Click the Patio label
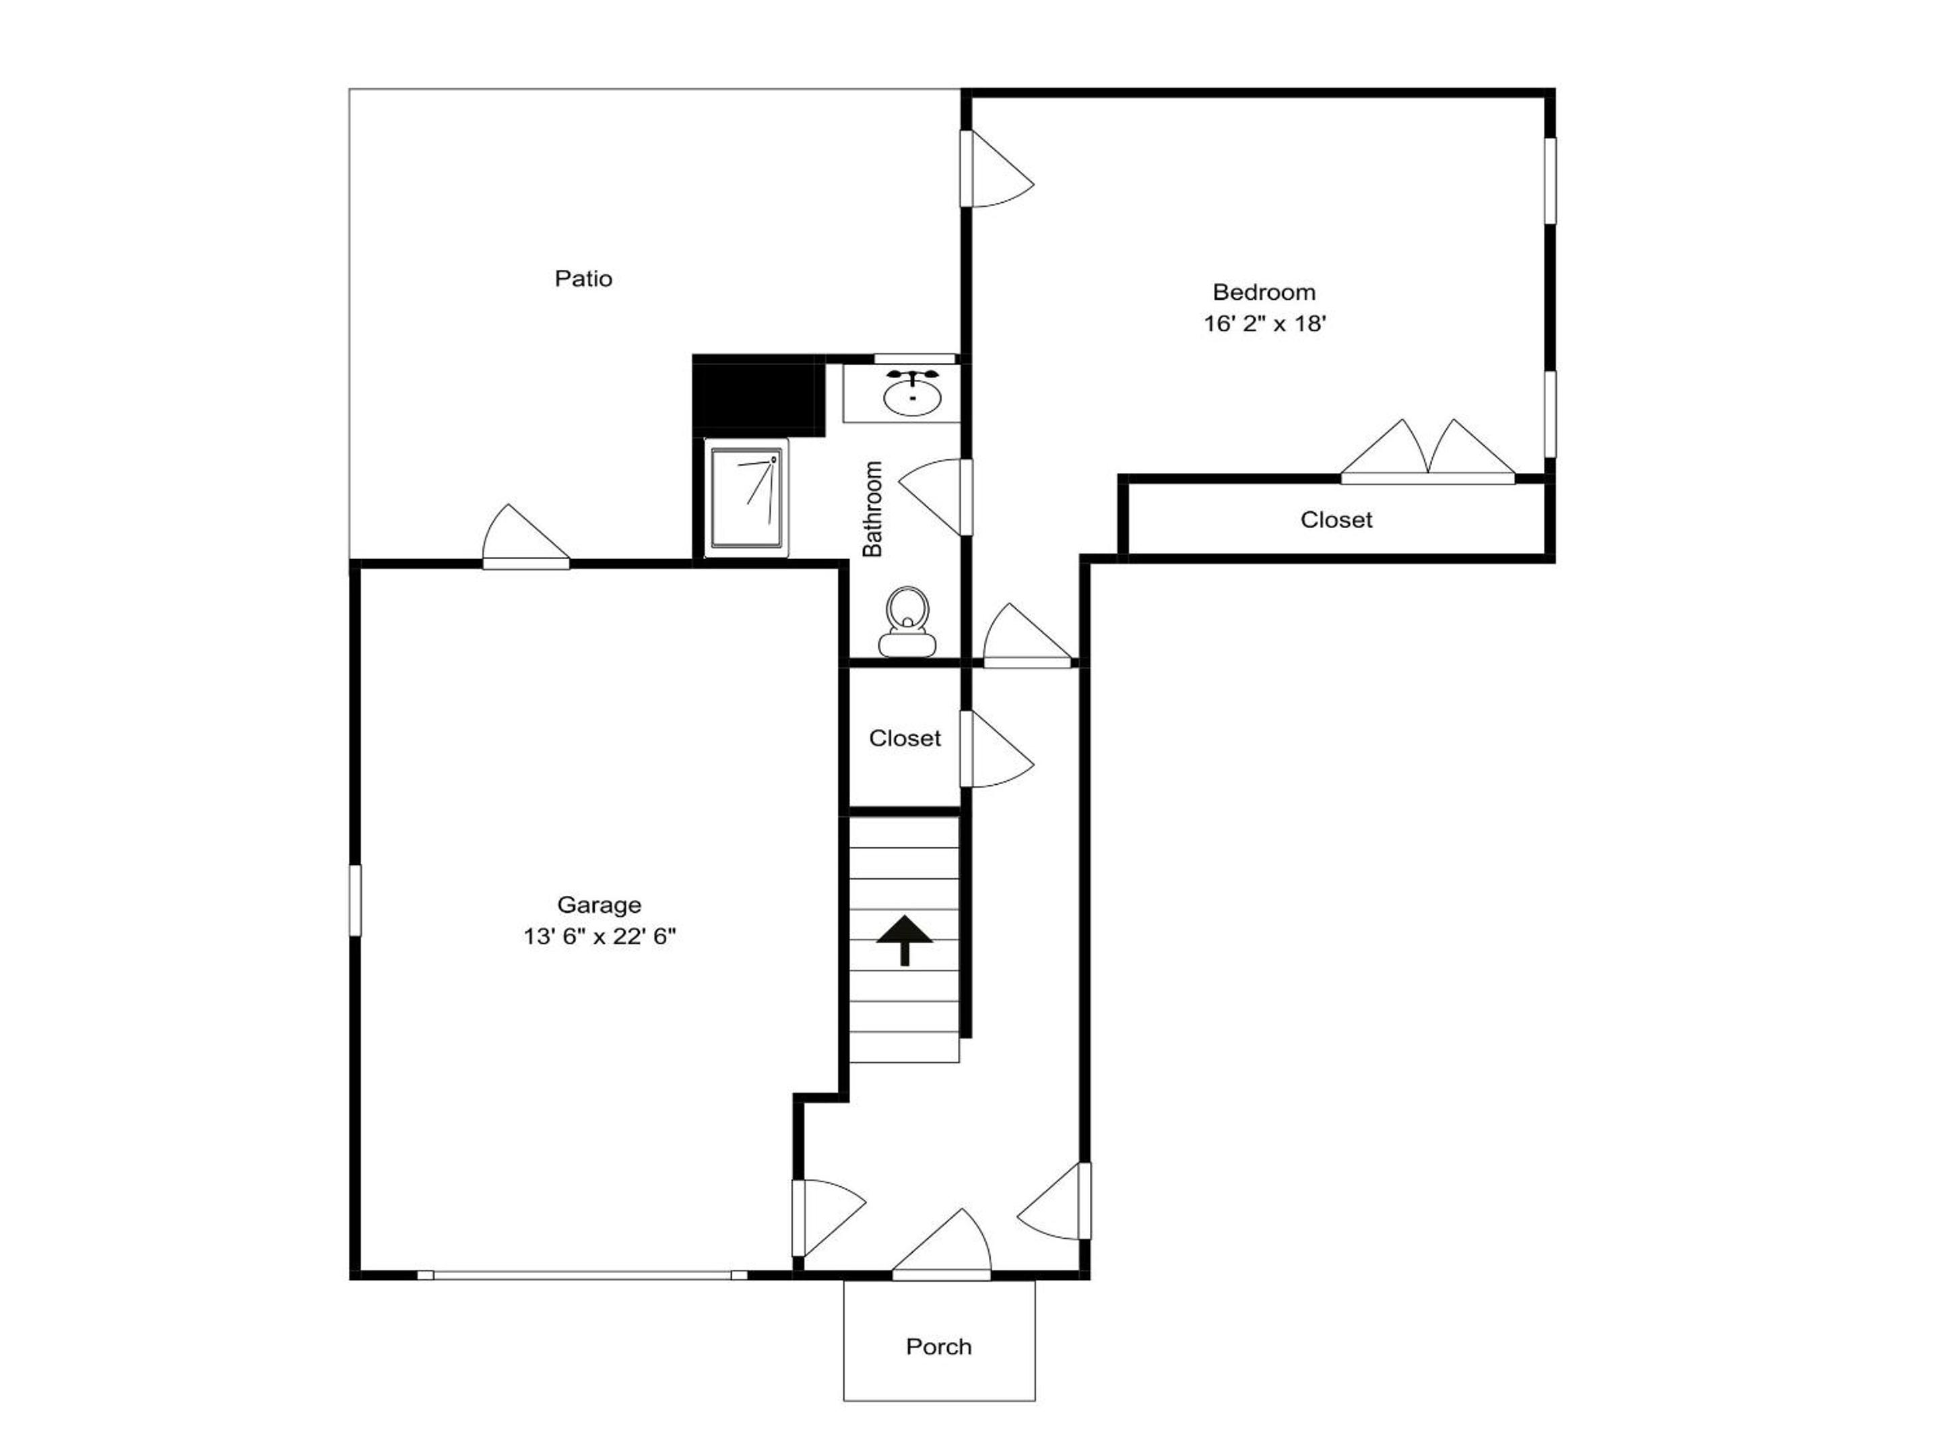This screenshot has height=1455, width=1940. click(583, 279)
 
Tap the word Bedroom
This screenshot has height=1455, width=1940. click(1264, 292)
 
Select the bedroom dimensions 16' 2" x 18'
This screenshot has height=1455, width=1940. click(1264, 323)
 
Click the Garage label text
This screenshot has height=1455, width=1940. click(599, 904)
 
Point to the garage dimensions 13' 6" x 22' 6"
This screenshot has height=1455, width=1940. click(599, 937)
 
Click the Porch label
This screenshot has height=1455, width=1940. click(938, 1347)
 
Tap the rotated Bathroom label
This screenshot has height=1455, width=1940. click(872, 509)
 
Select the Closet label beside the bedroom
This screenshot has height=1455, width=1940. click(1336, 520)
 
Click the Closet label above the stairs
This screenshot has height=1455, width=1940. click(904, 738)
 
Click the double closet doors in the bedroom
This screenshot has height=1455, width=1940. click(1428, 450)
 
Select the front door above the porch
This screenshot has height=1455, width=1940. click(942, 1245)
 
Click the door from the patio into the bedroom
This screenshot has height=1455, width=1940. click(997, 168)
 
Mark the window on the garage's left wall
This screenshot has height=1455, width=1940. click(355, 900)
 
